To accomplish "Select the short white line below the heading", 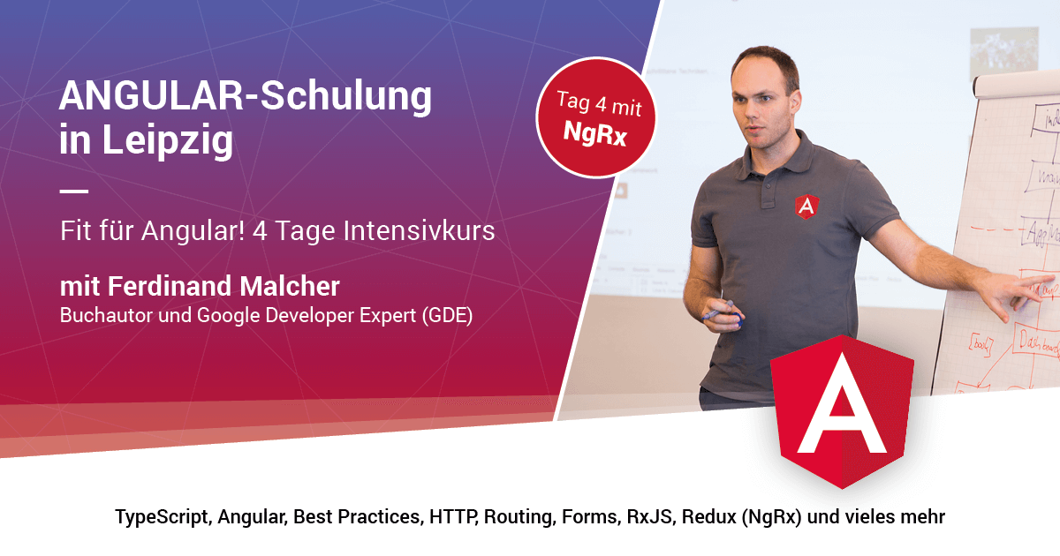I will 74,191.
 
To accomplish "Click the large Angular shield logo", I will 841,410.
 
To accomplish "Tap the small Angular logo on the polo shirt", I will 806,206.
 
